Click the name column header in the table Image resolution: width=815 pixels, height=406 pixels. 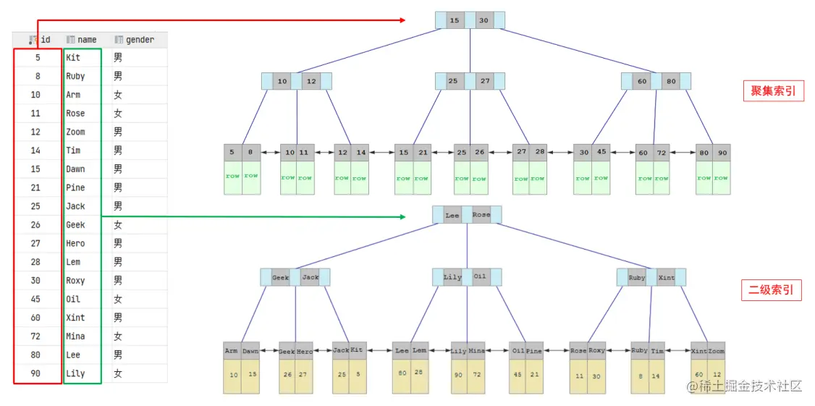pyautogui.click(x=86, y=40)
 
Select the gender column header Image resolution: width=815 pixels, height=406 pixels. pyautogui.click(x=139, y=40)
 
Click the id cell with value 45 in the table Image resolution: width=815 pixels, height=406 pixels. pyautogui.click(x=36, y=299)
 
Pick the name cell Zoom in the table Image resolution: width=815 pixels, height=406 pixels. pyautogui.click(x=75, y=132)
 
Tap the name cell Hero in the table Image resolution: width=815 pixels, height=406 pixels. pyautogui.click(x=75, y=244)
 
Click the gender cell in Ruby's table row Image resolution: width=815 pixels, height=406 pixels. pyautogui.click(x=118, y=76)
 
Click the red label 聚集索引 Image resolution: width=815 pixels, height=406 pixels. pyautogui.click(x=773, y=91)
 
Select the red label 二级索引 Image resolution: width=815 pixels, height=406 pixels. pyautogui.click(x=772, y=291)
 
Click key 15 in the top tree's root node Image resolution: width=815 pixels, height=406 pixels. pyautogui.click(x=454, y=20)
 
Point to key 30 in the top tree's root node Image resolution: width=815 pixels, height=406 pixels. pyautogui.click(x=484, y=20)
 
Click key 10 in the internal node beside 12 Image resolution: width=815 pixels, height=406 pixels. pyautogui.click(x=282, y=81)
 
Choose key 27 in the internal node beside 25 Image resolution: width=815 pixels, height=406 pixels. pyautogui.click(x=484, y=81)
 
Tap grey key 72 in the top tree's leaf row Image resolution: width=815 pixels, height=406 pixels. pyautogui.click(x=662, y=153)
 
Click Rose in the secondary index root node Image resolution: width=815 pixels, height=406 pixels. pyautogui.click(x=481, y=215)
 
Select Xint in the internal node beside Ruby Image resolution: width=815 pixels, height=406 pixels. pyautogui.click(x=667, y=277)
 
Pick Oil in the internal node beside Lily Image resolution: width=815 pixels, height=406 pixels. pyautogui.click(x=480, y=277)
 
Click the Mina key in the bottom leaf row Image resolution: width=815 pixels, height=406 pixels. pyautogui.click(x=476, y=351)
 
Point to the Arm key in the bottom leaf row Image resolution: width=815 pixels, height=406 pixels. pyautogui.click(x=232, y=351)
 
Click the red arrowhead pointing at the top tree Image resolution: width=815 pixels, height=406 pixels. pyautogui.click(x=402, y=20)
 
